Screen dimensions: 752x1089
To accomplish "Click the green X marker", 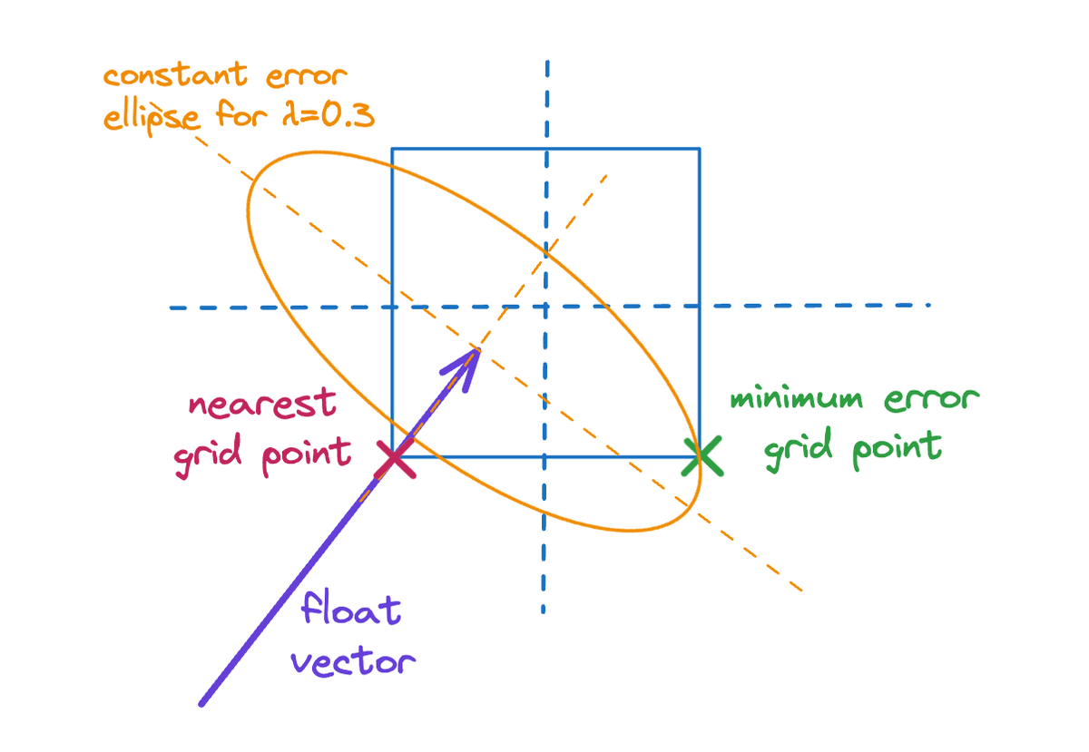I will point(703,456).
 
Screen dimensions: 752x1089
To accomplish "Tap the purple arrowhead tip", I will point(478,349).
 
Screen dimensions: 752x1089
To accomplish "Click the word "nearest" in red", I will point(262,405).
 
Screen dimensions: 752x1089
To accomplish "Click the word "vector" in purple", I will point(354,660).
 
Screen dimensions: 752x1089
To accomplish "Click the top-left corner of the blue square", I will point(392,148).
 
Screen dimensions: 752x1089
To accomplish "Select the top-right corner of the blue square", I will point(700,148).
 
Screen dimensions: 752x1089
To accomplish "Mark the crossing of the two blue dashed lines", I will point(545,307).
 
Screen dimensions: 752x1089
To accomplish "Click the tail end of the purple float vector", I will point(201,703).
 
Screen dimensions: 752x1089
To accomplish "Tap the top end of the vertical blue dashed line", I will point(547,62).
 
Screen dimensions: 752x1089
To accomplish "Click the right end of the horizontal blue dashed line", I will point(927,305).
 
